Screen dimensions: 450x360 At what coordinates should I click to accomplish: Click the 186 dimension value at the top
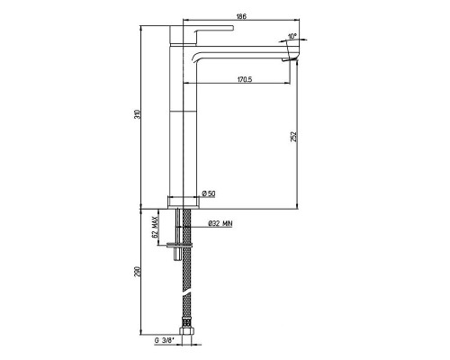pos(241,16)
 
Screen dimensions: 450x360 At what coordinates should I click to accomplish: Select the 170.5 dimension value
pos(245,79)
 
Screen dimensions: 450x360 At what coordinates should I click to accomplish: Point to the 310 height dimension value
pos(137,115)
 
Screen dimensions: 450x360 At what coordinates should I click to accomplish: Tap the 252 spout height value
pos(294,137)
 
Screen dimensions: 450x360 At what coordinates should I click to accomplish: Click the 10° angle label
pos(292,36)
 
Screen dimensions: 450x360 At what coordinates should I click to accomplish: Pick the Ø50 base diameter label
pos(209,193)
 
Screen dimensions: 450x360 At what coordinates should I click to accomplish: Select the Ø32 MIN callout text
pos(220,223)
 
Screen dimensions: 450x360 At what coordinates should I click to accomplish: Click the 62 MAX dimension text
pos(155,227)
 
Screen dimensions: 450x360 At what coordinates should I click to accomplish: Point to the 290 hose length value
pos(137,272)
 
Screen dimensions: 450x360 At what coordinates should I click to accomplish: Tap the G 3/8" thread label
pos(164,340)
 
